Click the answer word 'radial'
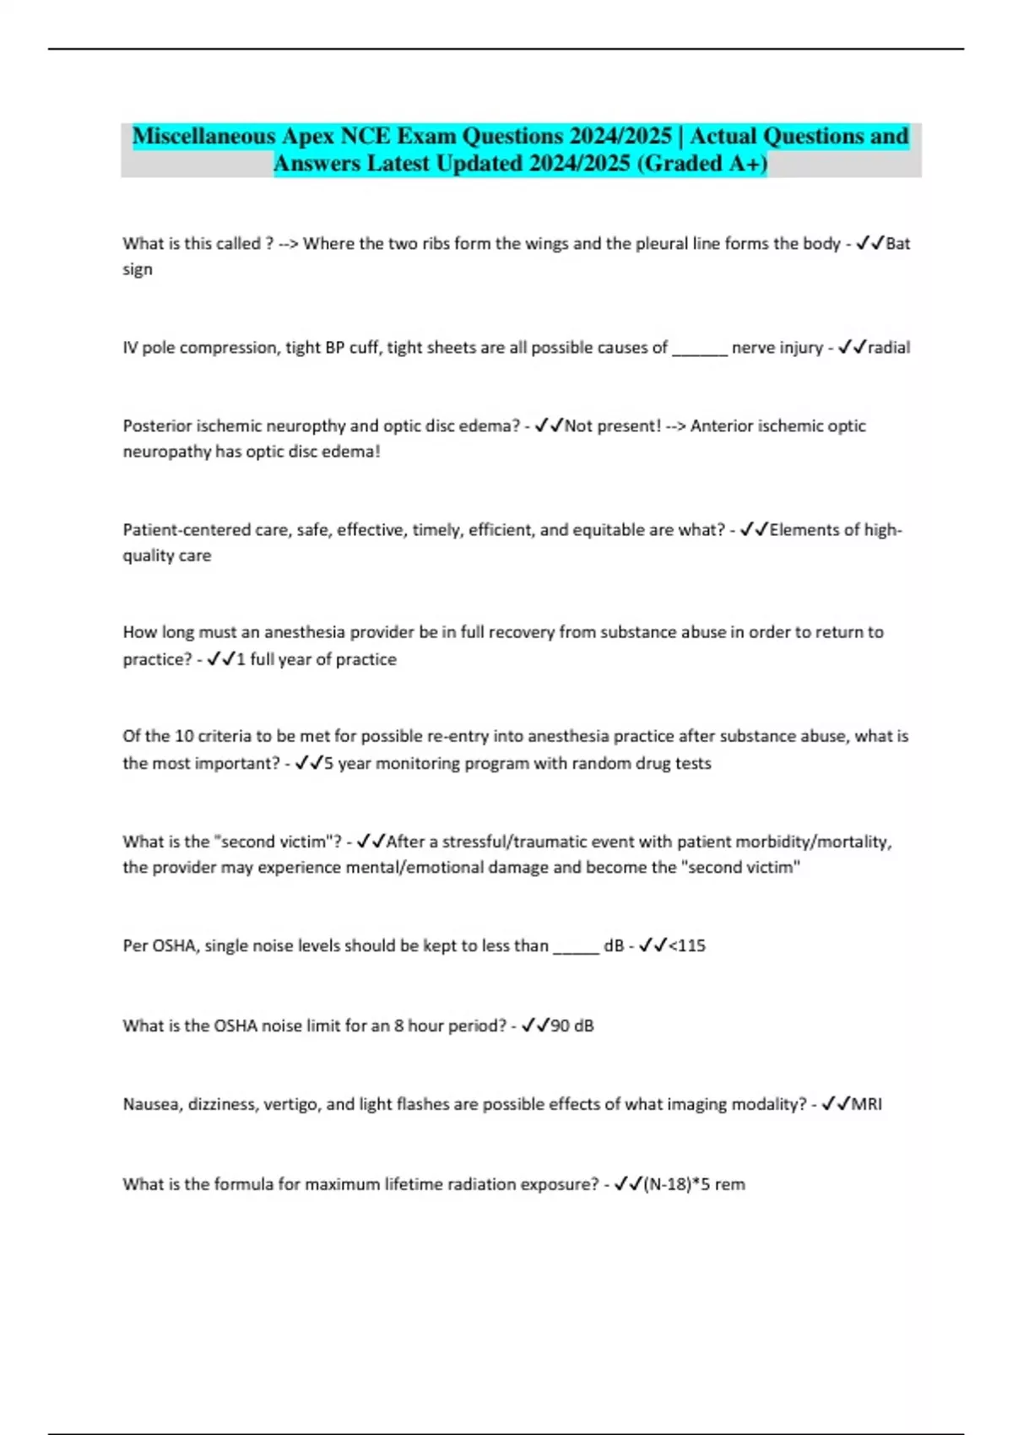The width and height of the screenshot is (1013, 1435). pos(889,347)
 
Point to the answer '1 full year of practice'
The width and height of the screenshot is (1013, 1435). pos(317,659)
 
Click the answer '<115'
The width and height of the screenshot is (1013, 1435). pos(687,945)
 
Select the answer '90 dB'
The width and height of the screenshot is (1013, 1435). pos(572,1026)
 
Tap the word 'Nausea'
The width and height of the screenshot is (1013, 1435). pos(150,1104)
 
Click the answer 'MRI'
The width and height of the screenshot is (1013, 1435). pos(866,1104)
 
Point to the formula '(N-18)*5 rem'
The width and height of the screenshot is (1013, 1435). pos(694,1184)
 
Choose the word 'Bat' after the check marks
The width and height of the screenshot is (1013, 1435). pos(898,243)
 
